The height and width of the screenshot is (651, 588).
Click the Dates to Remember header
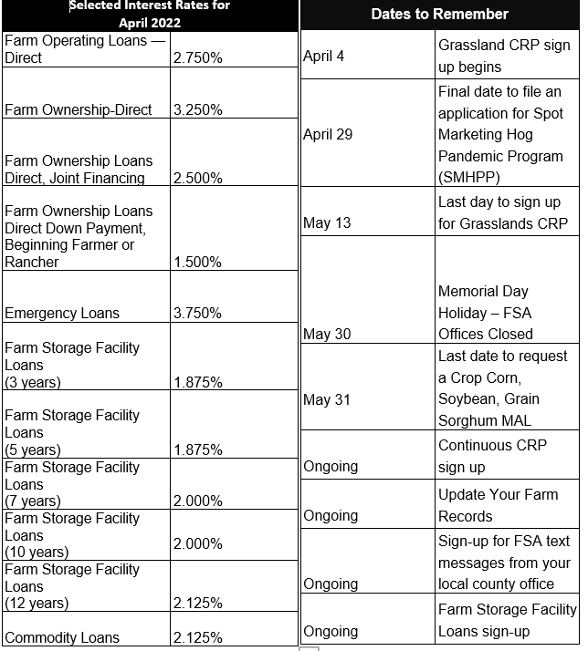(x=439, y=14)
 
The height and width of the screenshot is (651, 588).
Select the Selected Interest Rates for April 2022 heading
(x=150, y=14)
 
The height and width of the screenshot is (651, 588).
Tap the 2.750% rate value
(x=197, y=57)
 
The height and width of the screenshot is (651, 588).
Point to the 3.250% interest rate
(x=197, y=109)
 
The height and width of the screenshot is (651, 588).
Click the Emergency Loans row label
(x=62, y=313)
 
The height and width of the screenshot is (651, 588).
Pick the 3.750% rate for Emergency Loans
(x=197, y=313)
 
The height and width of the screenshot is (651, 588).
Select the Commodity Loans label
(x=62, y=637)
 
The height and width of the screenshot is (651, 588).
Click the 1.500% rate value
(x=197, y=262)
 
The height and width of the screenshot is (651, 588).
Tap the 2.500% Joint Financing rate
(x=197, y=178)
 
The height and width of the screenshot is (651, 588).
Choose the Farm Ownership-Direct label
(x=79, y=109)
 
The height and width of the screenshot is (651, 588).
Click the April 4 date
(x=323, y=57)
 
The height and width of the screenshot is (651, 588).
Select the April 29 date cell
(x=327, y=134)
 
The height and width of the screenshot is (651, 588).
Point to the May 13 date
(x=326, y=222)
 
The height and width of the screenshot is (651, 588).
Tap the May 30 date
(x=327, y=334)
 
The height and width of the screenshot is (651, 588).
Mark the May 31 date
(x=326, y=399)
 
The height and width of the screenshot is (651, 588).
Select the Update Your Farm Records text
(x=498, y=505)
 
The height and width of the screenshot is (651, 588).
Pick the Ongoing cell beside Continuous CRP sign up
(x=331, y=466)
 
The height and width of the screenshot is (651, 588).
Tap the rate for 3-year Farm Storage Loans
(x=197, y=382)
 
